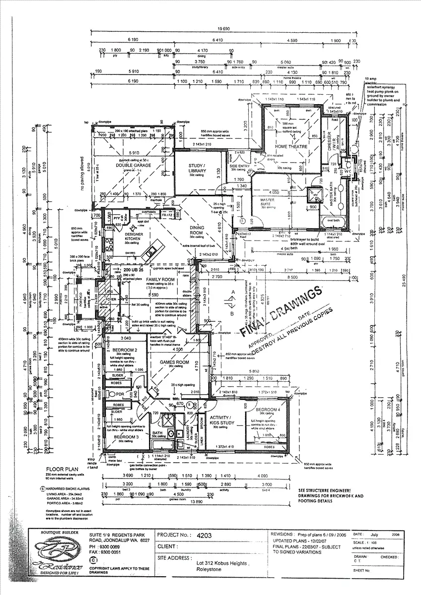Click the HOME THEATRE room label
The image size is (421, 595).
[x=292, y=147]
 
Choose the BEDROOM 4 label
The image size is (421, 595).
[x=268, y=410]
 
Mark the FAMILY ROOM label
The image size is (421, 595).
[x=158, y=280]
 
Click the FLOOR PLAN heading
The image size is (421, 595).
[x=61, y=469]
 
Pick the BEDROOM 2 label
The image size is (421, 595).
[x=118, y=350]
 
